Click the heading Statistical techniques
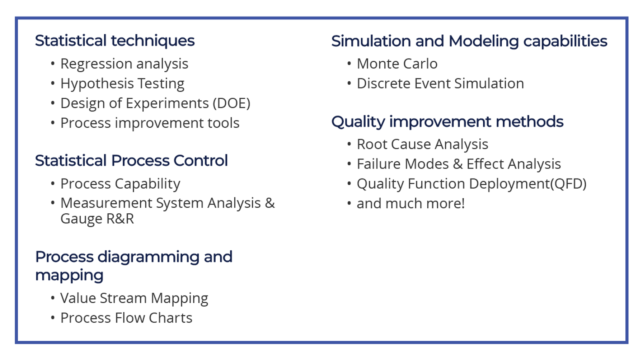coord(115,41)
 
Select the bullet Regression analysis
coord(124,64)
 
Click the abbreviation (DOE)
coord(231,103)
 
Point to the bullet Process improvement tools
coord(150,123)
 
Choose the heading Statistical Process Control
coord(131,161)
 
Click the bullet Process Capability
coord(120,184)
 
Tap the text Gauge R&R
coord(97,219)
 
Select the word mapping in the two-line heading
coord(69,276)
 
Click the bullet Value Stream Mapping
coord(134,299)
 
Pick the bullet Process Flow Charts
coord(126,318)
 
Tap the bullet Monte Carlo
coord(397,64)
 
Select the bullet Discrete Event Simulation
coord(440,84)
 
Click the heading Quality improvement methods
coord(447,122)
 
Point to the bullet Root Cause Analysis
coord(422,145)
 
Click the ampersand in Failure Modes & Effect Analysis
coord(457,164)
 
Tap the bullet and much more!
coord(411,204)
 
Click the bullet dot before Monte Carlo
coord(349,64)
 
